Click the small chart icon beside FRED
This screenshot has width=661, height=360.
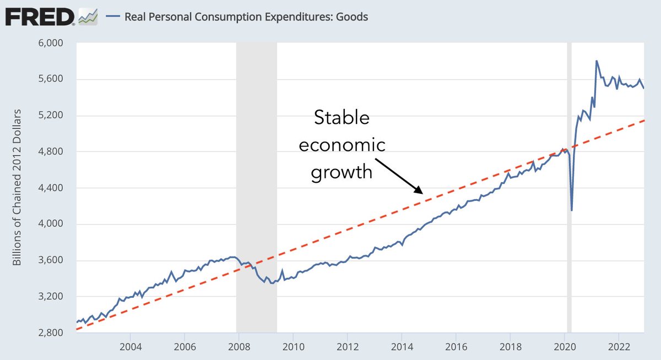88,17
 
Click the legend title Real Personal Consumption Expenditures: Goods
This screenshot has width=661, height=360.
246,17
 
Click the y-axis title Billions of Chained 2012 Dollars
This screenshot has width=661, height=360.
17,187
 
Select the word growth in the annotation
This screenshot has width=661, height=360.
342,172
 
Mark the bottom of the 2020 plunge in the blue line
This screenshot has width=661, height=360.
572,210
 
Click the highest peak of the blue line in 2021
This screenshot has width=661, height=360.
597,61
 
